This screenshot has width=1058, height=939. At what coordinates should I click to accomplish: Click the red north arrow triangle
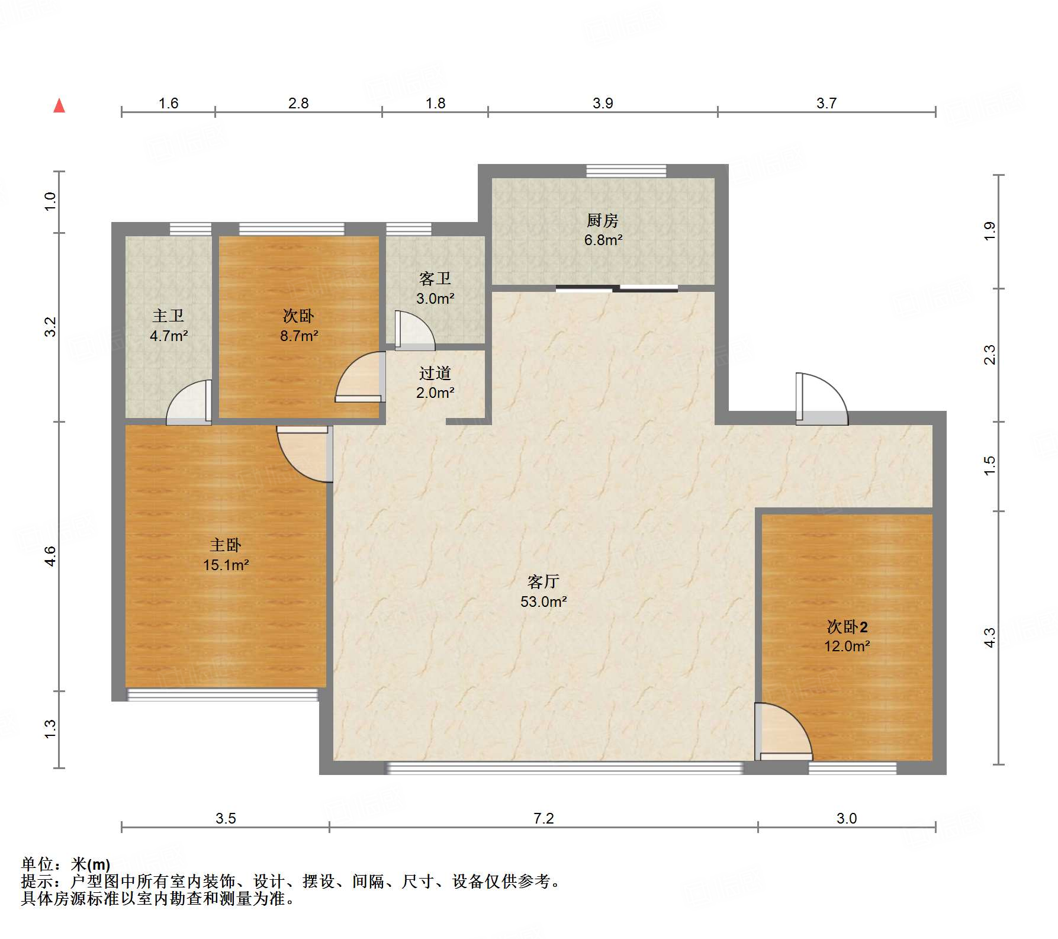(59, 105)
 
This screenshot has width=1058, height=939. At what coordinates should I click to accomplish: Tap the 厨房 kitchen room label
(603, 221)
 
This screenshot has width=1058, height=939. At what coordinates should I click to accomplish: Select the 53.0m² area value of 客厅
(544, 602)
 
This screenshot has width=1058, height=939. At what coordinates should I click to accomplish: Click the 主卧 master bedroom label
(226, 545)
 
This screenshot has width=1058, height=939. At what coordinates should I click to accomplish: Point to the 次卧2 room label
(847, 626)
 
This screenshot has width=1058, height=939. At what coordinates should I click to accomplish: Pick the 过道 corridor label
(435, 373)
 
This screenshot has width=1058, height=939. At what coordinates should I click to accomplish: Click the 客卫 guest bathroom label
(435, 279)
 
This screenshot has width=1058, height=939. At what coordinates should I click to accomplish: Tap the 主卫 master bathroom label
(168, 316)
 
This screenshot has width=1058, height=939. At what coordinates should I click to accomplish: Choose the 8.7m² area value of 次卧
(299, 336)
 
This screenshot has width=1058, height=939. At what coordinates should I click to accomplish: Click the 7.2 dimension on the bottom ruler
(544, 818)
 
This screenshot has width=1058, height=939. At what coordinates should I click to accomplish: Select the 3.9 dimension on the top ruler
(603, 103)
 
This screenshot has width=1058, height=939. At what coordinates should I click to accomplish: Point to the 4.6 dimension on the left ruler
(50, 557)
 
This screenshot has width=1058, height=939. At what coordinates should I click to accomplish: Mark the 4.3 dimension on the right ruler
(989, 638)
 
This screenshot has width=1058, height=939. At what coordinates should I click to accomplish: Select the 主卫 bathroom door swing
(189, 403)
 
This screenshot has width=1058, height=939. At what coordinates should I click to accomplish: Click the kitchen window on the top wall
(626, 171)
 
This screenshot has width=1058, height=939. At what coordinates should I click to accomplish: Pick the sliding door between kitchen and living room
(616, 289)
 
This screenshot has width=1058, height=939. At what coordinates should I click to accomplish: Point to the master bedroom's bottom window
(223, 694)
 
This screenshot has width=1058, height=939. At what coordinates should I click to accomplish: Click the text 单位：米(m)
(66, 864)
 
